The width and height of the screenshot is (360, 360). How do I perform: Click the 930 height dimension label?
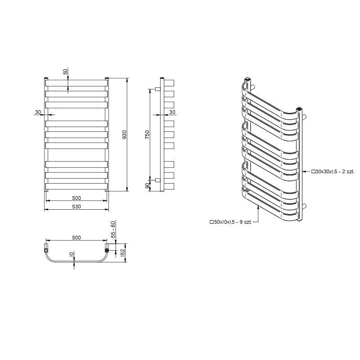(x=125, y=135)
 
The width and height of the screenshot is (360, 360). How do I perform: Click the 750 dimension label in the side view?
(x=147, y=135)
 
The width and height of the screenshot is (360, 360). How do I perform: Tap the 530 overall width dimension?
(x=76, y=207)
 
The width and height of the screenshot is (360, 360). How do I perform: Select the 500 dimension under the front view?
(x=76, y=198)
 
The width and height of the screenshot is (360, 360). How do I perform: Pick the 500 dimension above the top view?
(x=76, y=238)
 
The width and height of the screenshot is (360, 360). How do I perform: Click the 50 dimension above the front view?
(x=66, y=72)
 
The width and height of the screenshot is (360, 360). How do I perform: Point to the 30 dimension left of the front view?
(x=38, y=112)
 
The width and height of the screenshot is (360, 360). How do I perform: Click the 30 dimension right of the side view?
(x=172, y=112)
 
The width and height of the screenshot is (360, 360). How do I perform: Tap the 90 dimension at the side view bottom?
(x=148, y=186)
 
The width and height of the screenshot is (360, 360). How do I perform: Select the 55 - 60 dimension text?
(x=113, y=229)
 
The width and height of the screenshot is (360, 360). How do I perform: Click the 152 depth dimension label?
(x=122, y=252)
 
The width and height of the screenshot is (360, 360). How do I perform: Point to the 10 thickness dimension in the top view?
(x=72, y=254)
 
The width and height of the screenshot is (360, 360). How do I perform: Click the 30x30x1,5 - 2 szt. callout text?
(x=333, y=171)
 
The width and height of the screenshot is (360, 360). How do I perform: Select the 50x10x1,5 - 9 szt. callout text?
(x=230, y=222)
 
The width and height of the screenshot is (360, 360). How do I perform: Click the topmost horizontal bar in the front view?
(x=76, y=83)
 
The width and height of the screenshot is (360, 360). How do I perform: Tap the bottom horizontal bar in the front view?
(x=76, y=186)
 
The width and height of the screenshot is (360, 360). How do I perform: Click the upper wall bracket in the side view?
(x=158, y=89)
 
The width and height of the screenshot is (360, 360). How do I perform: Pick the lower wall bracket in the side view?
(x=158, y=180)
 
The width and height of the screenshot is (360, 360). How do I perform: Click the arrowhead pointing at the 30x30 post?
(x=304, y=171)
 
